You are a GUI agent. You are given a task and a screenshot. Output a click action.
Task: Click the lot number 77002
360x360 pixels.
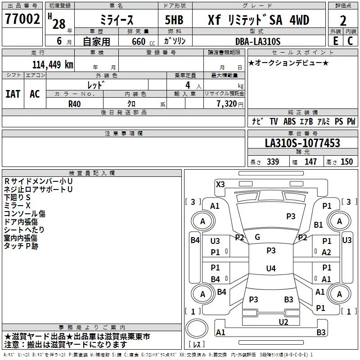[22, 19]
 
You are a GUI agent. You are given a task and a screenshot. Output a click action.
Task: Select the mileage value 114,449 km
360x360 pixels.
[53, 65]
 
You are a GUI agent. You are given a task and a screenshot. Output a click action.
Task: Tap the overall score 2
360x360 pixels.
[343, 21]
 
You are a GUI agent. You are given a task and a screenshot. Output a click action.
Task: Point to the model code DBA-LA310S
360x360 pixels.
[258, 41]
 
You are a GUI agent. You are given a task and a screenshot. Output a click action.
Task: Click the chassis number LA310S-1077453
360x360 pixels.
[302, 143]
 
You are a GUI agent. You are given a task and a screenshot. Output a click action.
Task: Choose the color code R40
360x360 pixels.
[74, 104]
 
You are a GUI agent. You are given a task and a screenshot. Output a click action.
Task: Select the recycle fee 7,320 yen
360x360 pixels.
[230, 104]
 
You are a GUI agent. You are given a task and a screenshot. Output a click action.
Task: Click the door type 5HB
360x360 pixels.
[174, 20]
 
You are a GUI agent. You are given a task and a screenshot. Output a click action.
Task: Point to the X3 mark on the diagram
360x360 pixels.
[220, 184]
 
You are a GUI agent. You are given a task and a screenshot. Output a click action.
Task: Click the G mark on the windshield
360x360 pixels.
[257, 237]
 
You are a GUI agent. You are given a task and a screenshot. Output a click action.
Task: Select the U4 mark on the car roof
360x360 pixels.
[271, 268]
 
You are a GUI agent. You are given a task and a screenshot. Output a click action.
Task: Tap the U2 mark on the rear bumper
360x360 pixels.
[283, 322]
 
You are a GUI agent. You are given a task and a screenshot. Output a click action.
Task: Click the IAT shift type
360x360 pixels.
[13, 94]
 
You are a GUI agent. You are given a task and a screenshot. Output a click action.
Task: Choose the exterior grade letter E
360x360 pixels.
[335, 41]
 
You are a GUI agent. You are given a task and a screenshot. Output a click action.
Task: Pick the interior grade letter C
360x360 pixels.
[350, 41]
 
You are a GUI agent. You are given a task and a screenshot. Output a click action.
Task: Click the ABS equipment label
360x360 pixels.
[289, 121]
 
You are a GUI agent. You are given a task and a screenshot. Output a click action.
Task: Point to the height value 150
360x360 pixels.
[346, 162]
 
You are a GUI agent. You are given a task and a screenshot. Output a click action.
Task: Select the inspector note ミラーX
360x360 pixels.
[17, 206]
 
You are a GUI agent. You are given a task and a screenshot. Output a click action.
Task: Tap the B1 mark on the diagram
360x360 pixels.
[318, 225]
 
